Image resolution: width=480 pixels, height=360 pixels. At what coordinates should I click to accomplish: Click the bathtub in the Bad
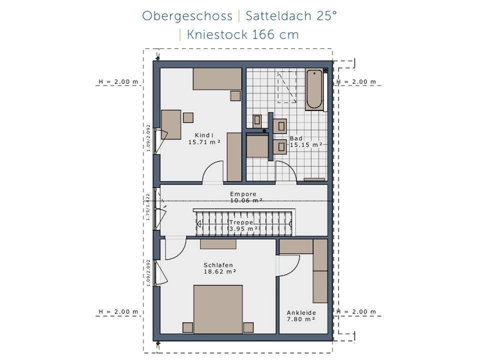coord(314,89)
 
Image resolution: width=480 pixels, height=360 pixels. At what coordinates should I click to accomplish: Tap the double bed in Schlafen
coord(218,309)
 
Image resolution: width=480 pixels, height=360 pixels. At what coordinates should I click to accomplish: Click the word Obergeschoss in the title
coord(187,15)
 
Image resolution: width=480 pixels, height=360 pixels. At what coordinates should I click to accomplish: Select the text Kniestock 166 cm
coord(242,34)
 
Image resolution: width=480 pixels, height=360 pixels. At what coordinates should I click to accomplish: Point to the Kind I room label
coord(204,135)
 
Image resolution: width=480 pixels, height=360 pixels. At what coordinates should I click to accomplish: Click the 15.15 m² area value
coord(306,145)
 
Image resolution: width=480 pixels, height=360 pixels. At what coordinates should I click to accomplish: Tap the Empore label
coord(243,194)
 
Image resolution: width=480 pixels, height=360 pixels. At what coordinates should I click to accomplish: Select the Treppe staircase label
coord(241,222)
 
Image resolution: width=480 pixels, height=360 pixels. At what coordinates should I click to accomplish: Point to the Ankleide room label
coord(301,312)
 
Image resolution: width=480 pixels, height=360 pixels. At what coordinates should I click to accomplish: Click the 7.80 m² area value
coord(300,319)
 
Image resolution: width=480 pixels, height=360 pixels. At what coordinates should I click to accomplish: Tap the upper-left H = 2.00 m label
coord(118,81)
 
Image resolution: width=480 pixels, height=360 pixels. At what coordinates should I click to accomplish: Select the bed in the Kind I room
coord(217,79)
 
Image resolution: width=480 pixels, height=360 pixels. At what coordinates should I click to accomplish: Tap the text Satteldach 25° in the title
coord(291,15)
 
